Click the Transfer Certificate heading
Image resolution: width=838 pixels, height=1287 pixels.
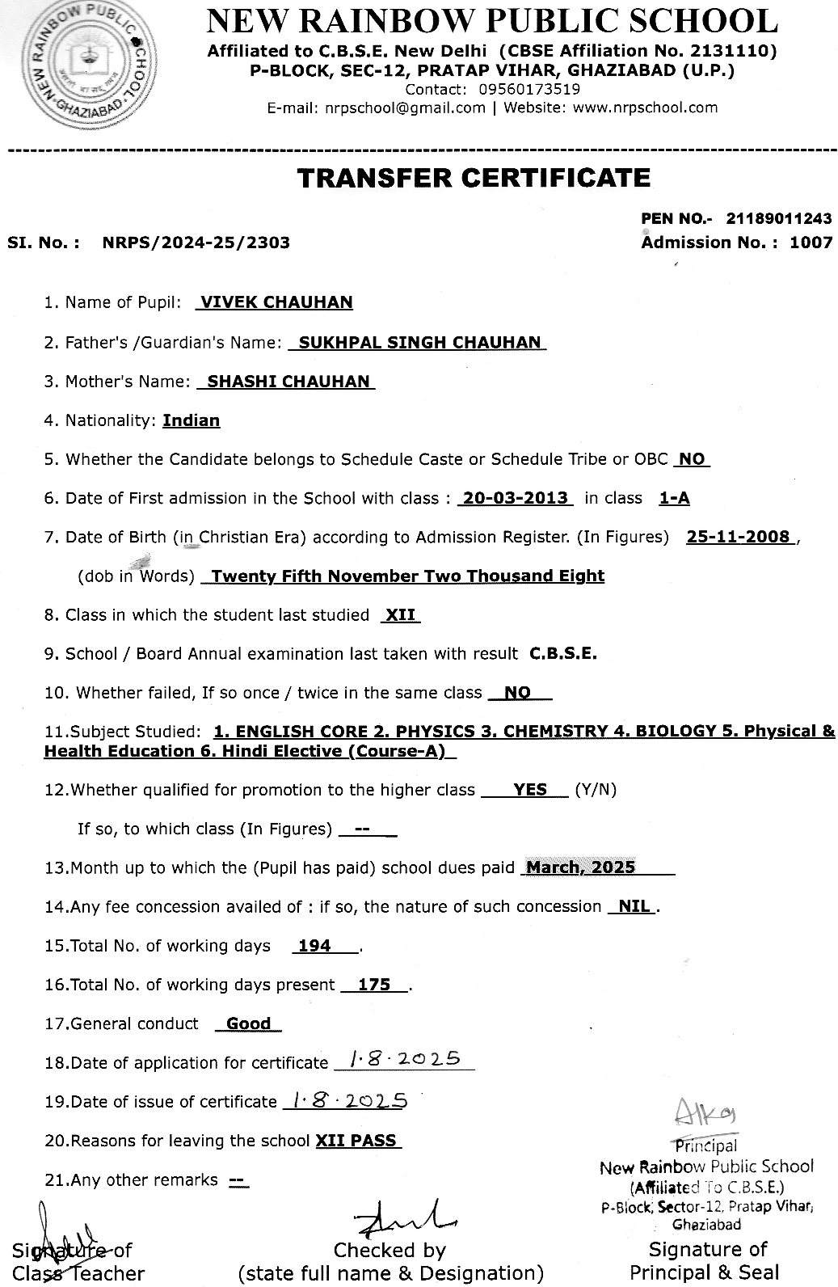(474, 178)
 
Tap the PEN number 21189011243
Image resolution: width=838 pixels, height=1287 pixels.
(779, 218)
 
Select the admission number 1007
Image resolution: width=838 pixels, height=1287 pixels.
(811, 242)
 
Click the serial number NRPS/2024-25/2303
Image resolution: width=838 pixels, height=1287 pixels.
(196, 242)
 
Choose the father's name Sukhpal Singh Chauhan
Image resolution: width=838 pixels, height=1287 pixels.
(419, 342)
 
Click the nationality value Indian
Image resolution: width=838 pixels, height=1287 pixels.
(192, 420)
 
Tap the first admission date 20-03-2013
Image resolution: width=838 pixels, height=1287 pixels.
(515, 498)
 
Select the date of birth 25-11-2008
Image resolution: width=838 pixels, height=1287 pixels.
(739, 537)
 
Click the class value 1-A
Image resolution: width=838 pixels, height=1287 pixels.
(674, 498)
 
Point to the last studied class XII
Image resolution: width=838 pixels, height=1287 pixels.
(400, 615)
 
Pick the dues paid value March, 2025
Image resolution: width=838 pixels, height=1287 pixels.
(579, 868)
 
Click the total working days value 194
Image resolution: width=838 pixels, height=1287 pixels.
(314, 946)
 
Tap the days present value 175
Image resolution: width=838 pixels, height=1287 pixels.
(374, 985)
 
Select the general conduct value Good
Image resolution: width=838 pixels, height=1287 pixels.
(248, 1023)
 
